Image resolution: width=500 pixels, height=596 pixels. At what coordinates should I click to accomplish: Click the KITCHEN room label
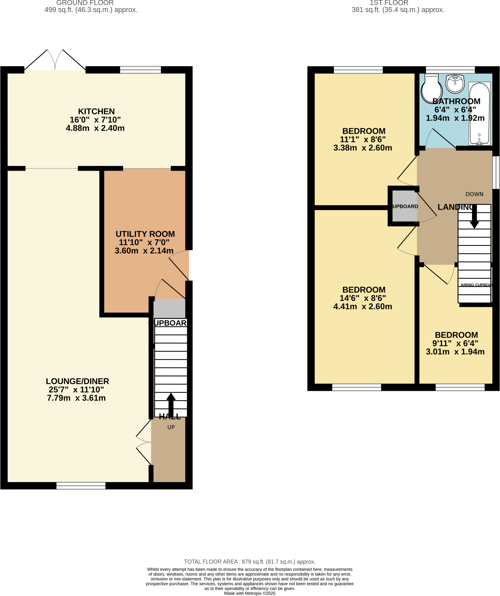tap(96, 111)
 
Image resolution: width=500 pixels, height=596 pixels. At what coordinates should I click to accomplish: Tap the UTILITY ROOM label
tap(145, 234)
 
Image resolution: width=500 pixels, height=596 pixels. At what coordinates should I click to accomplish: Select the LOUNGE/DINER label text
tap(77, 381)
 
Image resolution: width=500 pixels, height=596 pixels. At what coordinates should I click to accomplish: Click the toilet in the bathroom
tap(431, 89)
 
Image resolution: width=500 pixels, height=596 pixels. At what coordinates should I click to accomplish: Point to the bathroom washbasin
tap(455, 84)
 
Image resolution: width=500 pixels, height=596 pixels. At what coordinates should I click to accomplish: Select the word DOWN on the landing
tap(474, 194)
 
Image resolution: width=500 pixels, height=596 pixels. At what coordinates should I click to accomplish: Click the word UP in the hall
tap(171, 427)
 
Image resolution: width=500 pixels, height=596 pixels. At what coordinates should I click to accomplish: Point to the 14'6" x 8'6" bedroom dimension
tap(363, 298)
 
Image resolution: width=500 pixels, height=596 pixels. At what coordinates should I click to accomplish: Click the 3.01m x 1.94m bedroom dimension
tap(455, 352)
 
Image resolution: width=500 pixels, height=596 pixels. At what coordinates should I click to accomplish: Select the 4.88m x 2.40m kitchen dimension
tap(95, 128)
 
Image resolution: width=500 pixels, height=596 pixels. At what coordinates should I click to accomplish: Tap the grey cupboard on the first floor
tap(404, 206)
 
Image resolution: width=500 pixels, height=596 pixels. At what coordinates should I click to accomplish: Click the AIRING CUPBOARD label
tap(476, 285)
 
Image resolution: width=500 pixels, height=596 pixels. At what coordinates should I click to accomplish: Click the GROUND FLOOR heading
tap(85, 3)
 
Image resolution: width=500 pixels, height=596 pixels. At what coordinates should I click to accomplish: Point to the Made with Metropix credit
tap(250, 593)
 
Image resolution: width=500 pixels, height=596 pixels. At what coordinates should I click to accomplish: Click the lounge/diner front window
tap(81, 485)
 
